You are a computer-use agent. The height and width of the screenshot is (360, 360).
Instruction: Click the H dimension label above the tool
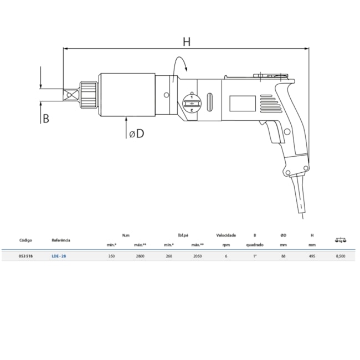(187, 41)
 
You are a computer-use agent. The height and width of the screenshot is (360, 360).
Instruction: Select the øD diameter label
(136, 133)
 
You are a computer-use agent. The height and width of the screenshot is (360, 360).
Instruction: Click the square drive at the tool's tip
(70, 95)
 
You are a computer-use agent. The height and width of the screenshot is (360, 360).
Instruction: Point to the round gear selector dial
(191, 103)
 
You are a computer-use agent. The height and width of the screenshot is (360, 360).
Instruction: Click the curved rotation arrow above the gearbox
(181, 65)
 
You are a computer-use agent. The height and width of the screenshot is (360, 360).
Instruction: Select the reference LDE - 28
(59, 256)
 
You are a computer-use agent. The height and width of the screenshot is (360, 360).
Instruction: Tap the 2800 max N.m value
(140, 256)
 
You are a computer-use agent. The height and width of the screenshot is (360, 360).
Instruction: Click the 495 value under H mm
(312, 256)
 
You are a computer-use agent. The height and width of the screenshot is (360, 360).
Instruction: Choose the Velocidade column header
(225, 235)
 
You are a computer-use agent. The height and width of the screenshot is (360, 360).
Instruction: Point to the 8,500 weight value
(341, 256)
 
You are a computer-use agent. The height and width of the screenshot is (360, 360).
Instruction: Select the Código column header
(25, 240)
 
